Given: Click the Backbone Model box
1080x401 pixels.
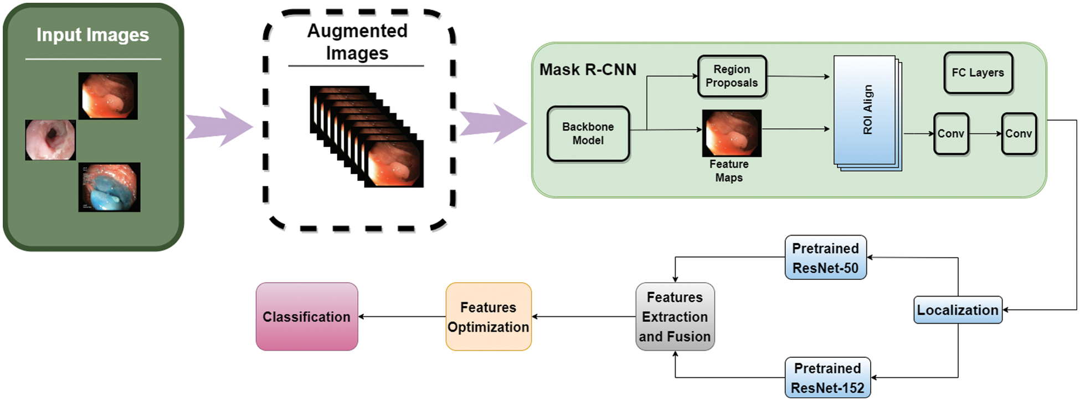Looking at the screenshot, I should [x=588, y=134].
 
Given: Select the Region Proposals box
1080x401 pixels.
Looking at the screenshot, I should [x=732, y=76].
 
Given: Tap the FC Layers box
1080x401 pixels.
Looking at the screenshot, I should [x=978, y=72].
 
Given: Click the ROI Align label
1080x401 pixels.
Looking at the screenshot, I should [x=867, y=110].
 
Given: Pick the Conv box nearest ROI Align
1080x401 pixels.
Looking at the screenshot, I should [x=951, y=134].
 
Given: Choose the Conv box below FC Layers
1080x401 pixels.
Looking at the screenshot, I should [x=1019, y=134].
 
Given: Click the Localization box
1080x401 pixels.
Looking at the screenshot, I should [x=958, y=310].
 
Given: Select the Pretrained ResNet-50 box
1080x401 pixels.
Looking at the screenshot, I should [x=825, y=258].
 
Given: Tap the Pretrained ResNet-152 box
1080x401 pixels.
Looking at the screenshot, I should [x=827, y=378].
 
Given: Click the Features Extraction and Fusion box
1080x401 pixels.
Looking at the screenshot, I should [x=675, y=317].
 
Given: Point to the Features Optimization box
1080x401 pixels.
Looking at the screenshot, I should [x=488, y=317].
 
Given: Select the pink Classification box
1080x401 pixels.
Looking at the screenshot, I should [x=307, y=317].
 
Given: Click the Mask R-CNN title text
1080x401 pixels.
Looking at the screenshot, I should [x=588, y=70].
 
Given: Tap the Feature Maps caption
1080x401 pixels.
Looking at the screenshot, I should [x=729, y=171].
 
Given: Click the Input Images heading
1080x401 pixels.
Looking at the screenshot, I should [x=92, y=35].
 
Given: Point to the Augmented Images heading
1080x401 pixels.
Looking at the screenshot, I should [x=357, y=42].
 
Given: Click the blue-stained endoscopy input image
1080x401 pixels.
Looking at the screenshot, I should [x=109, y=187].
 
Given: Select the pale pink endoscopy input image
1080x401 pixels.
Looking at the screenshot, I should [x=50, y=140].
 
